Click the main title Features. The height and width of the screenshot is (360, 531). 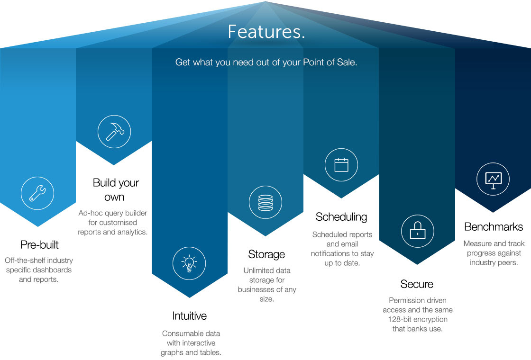pyautogui.click(x=266, y=32)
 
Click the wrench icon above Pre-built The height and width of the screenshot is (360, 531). pyautogui.click(x=37, y=193)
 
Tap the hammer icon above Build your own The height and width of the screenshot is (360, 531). pyautogui.click(x=114, y=131)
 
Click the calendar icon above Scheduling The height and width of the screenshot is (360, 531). pyautogui.click(x=341, y=165)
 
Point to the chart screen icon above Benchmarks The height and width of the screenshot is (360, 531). pyautogui.click(x=493, y=179)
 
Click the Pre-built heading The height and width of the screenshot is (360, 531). pyautogui.click(x=39, y=245)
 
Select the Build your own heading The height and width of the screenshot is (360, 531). pyautogui.click(x=115, y=189)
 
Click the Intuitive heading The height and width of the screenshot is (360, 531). pyautogui.click(x=190, y=316)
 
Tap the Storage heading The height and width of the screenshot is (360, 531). pyautogui.click(x=266, y=254)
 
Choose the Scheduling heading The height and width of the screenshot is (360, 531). pyautogui.click(x=341, y=217)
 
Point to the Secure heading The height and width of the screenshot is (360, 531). pyautogui.click(x=417, y=284)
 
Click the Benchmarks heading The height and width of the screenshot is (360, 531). pyautogui.click(x=494, y=227)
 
